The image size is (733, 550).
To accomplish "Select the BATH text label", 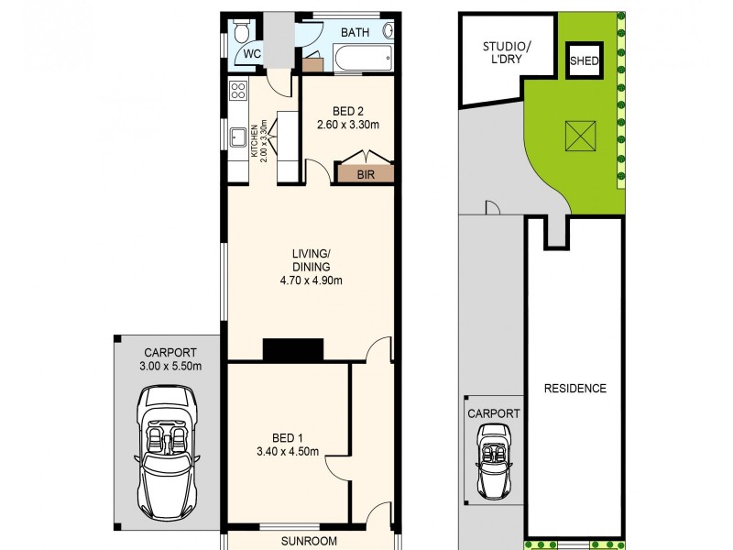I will (x=355, y=33).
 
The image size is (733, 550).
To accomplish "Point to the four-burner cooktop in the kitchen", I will (x=237, y=90).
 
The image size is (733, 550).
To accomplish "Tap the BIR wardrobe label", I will (x=366, y=172).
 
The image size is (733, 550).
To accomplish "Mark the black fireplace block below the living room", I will (x=293, y=349).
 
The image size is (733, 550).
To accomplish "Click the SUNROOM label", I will (x=310, y=541).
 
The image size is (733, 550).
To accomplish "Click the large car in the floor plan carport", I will (x=167, y=448).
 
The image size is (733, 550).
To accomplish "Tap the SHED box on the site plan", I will (x=585, y=61).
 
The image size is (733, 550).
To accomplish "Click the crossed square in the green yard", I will (x=579, y=137).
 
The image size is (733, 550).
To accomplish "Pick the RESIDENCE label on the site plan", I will (x=574, y=388).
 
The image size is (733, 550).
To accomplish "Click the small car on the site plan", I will (x=494, y=460).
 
